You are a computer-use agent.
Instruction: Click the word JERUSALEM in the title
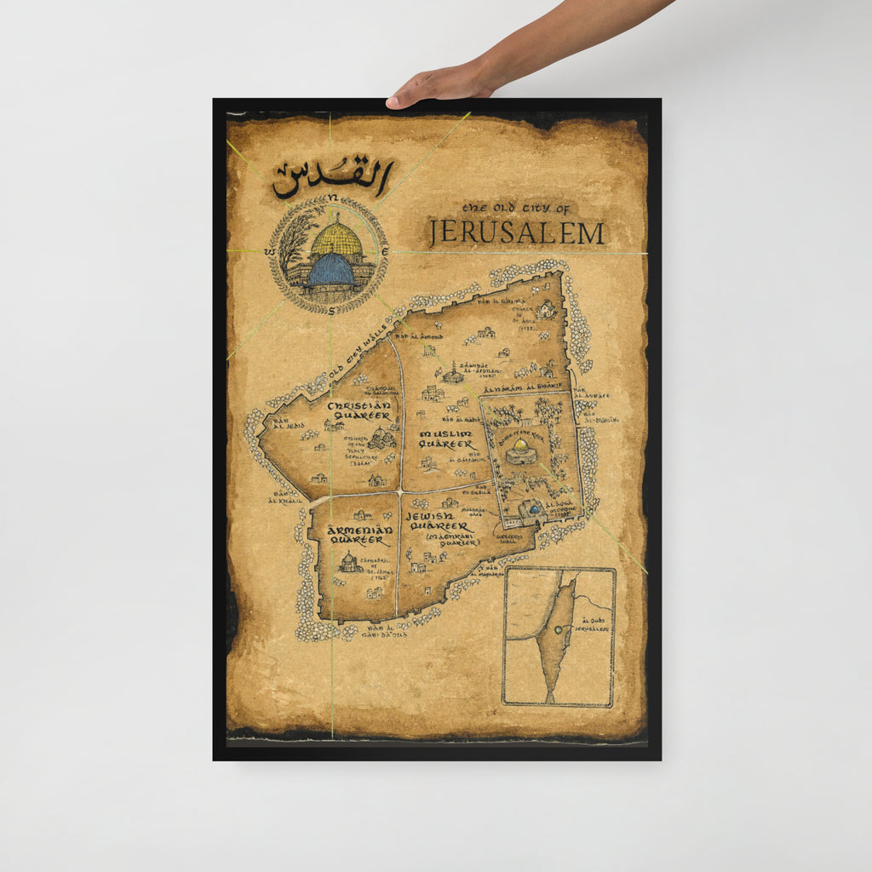click(x=517, y=232)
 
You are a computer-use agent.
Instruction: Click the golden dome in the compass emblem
click(x=336, y=240)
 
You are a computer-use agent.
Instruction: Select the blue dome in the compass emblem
click(x=331, y=270)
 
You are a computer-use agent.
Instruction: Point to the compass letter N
click(x=333, y=198)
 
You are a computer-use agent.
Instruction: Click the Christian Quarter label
click(x=359, y=410)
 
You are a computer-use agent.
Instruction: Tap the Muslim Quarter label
click(x=445, y=439)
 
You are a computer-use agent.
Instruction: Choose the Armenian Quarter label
click(x=361, y=534)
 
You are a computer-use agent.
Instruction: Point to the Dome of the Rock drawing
click(x=520, y=451)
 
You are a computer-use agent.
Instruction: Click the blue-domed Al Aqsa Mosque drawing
click(x=534, y=509)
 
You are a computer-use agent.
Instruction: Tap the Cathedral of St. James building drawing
click(x=347, y=562)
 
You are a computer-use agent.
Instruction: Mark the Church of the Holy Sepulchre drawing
click(x=381, y=439)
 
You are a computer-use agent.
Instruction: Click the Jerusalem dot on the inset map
click(x=558, y=630)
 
